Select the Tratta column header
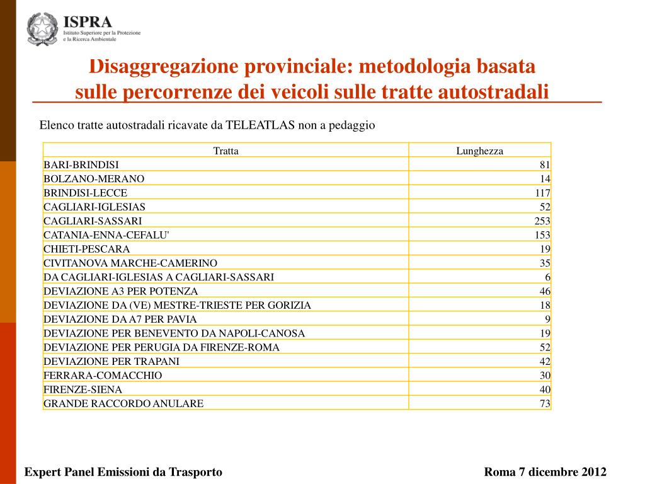click(225, 151)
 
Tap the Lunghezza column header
click(479, 151)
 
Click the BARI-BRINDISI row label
click(81, 164)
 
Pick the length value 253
click(542, 221)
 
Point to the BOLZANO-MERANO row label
click(94, 178)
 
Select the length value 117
click(542, 193)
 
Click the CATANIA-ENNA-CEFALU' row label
click(106, 234)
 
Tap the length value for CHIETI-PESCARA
click(545, 249)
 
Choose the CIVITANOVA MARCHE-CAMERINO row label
click(130, 263)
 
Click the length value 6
click(548, 277)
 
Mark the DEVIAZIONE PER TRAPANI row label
click(111, 361)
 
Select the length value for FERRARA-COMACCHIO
click(545, 375)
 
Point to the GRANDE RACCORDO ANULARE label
click(123, 403)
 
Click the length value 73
click(545, 403)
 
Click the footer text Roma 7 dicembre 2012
click(545, 472)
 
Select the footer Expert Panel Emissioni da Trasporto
click(123, 472)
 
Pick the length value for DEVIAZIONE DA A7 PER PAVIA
click(548, 319)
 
